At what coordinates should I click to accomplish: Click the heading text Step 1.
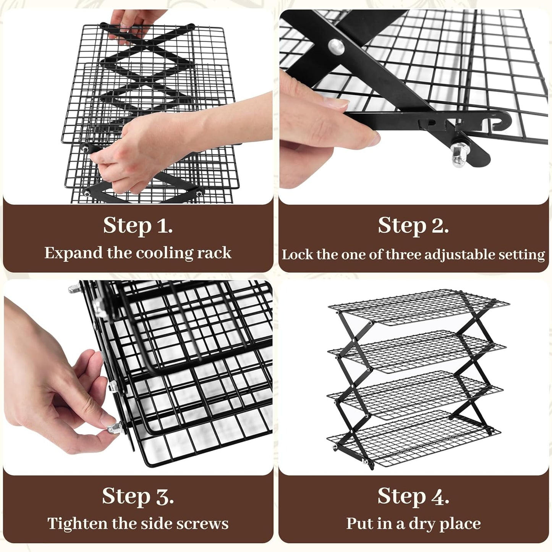pos(138,225)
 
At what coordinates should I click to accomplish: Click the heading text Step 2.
pos(413,225)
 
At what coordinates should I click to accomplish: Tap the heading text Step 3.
pos(138,496)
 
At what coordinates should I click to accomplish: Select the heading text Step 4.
pos(413,496)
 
